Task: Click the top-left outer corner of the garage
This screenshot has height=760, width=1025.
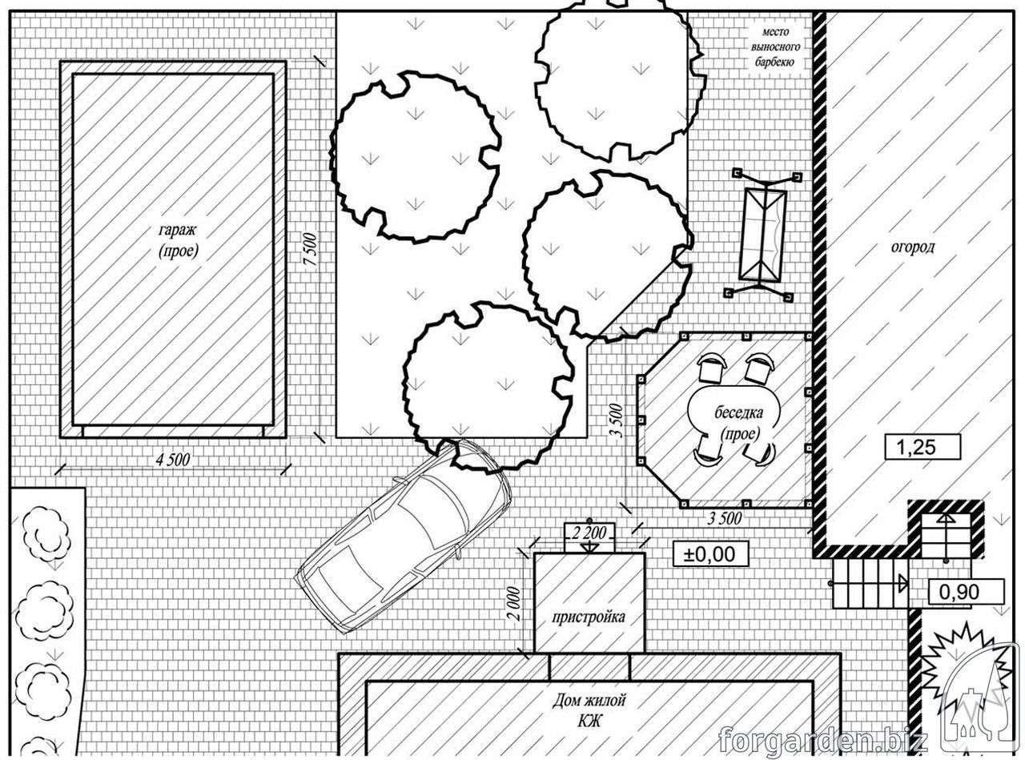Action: point(61,62)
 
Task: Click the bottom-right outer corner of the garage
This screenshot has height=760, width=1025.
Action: point(286,437)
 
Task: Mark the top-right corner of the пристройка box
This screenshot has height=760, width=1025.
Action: point(645,553)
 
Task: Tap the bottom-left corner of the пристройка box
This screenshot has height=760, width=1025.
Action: point(535,653)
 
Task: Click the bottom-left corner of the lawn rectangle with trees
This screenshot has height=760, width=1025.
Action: point(336,437)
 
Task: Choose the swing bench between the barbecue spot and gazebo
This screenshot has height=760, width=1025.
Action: point(763,235)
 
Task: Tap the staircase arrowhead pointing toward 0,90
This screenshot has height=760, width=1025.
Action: point(902,583)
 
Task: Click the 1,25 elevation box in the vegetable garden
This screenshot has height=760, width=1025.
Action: point(922,447)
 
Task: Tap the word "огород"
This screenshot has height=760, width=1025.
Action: point(913,247)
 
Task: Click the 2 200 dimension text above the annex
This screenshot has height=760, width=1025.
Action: point(589,533)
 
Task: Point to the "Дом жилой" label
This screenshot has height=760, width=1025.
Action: point(589,701)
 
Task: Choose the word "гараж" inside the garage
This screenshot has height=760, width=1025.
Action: point(178,230)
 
